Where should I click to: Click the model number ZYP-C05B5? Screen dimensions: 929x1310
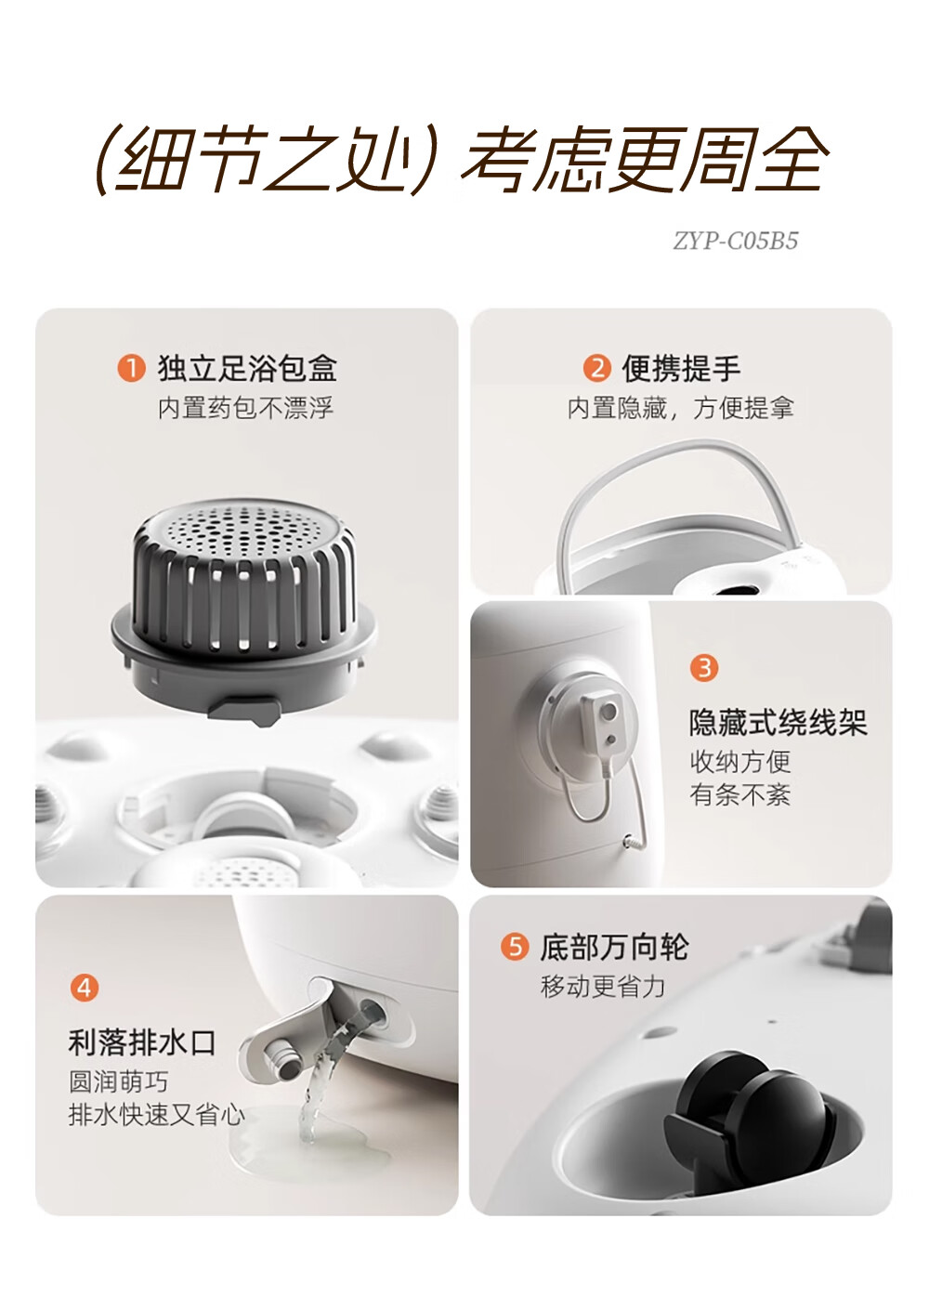[736, 241]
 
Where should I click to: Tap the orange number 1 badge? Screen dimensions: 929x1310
[132, 369]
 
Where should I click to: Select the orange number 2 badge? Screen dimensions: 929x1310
[597, 369]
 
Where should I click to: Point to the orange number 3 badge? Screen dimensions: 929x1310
[704, 668]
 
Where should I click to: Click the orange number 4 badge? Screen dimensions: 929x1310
[85, 988]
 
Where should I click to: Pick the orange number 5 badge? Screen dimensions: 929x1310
[515, 946]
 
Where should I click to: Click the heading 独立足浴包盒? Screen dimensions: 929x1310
[247, 369]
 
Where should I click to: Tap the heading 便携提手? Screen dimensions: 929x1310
[681, 369]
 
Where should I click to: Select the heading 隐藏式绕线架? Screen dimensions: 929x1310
[778, 723]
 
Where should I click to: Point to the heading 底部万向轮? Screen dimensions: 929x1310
[614, 947]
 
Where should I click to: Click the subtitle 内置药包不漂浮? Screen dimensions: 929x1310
[245, 408]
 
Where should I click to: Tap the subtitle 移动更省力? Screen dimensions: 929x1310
[603, 987]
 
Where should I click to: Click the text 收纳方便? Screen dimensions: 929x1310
[740, 762]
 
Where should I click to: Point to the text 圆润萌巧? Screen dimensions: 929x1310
[119, 1081]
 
